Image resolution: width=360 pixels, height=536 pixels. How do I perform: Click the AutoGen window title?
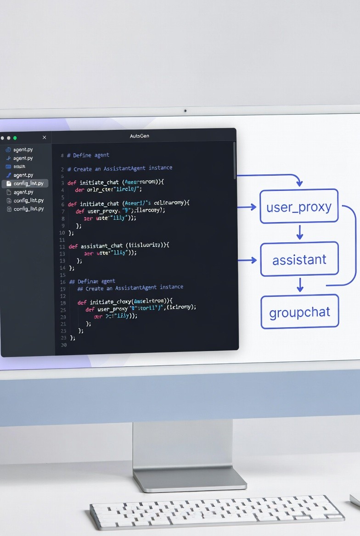click(x=140, y=136)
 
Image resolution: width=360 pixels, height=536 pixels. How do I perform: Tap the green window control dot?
click(x=15, y=138)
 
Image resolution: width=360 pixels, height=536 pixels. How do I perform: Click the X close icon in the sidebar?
click(x=44, y=138)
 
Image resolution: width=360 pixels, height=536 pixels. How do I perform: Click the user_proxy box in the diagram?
click(x=299, y=207)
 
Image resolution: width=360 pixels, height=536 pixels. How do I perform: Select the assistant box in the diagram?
click(x=299, y=260)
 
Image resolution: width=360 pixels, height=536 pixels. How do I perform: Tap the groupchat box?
click(x=299, y=313)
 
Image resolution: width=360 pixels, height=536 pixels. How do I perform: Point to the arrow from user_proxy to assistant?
click(x=299, y=232)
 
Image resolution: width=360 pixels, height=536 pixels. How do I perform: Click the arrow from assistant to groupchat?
click(x=299, y=285)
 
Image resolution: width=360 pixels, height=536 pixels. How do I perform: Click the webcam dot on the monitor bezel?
click(x=185, y=111)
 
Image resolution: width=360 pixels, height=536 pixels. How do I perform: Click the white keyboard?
click(x=217, y=513)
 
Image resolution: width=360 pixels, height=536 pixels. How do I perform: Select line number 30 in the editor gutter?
click(x=63, y=345)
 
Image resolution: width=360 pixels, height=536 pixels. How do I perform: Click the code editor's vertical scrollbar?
click(x=235, y=161)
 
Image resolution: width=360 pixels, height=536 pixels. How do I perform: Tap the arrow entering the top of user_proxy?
click(x=299, y=182)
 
